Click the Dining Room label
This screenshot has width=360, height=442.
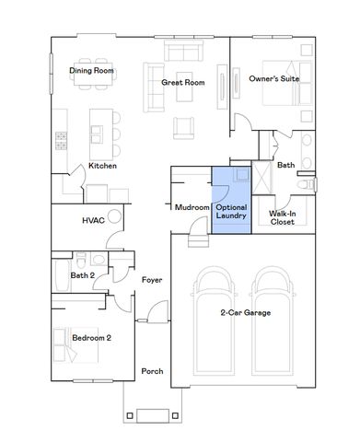pyautogui.click(x=91, y=70)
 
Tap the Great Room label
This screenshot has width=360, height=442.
pyautogui.click(x=181, y=82)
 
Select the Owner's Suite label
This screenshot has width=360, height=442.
pyautogui.click(x=274, y=79)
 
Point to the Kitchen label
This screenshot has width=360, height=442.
pyautogui.click(x=101, y=166)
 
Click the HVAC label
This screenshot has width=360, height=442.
pyautogui.click(x=93, y=220)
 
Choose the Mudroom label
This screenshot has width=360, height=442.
pyautogui.click(x=192, y=207)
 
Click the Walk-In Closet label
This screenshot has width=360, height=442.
pyautogui.click(x=282, y=217)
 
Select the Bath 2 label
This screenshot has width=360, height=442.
pyautogui.click(x=83, y=274)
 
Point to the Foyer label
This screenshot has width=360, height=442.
pyautogui.click(x=152, y=279)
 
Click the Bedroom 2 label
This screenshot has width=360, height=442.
pyautogui.click(x=91, y=338)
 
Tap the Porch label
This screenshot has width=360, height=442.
pyautogui.click(x=152, y=371)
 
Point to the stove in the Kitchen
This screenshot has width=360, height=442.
pyautogui.click(x=62, y=140)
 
